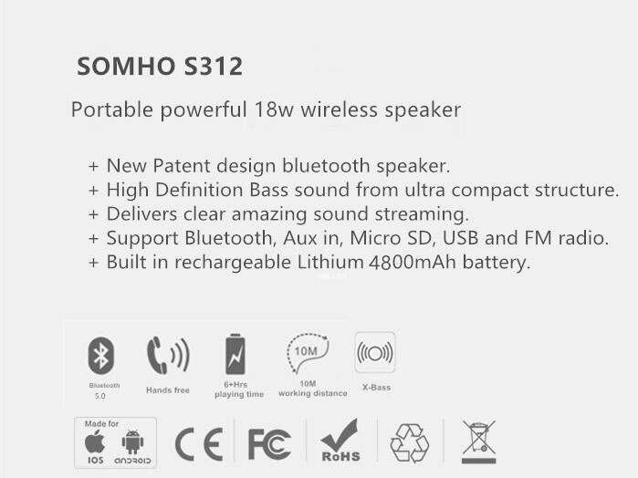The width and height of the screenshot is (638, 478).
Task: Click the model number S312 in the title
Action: point(214,67)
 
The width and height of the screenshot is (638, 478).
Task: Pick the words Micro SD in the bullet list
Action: point(391,238)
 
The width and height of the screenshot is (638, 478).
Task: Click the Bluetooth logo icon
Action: point(101,355)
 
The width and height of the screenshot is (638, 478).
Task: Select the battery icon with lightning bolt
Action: point(235,354)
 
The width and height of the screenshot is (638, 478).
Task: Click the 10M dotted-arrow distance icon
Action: point(308,352)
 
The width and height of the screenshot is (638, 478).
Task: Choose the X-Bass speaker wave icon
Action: point(375,352)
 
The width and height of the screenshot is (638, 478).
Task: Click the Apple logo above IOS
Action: point(95,442)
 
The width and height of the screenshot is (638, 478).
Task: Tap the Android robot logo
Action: point(132,442)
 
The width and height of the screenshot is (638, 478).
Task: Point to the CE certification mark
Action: point(199,444)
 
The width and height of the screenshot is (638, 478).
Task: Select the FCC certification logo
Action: point(269,444)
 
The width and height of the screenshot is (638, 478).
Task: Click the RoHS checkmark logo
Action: point(340,441)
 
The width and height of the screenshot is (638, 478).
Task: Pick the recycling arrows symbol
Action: point(410,443)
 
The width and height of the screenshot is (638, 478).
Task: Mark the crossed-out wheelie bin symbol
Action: point(479,442)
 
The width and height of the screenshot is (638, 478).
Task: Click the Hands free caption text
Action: point(168,390)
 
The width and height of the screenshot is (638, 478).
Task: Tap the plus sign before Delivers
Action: point(94,214)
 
